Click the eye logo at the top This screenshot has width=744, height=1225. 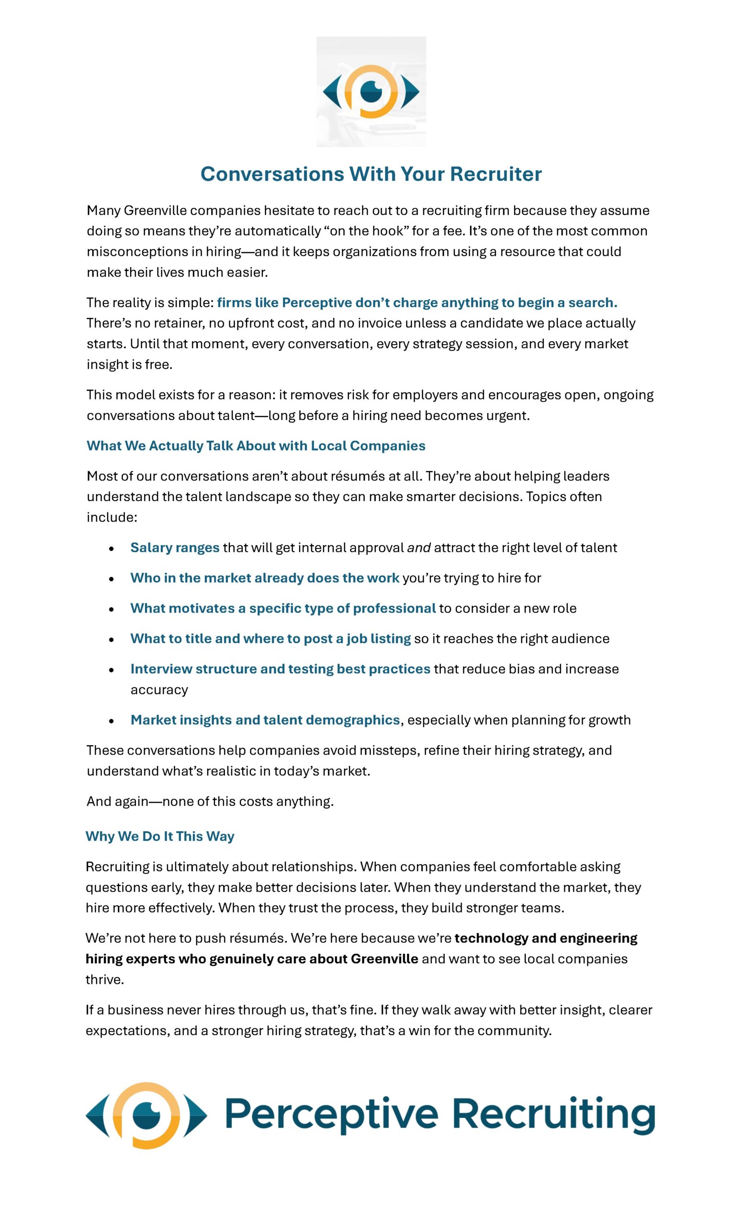pyautogui.click(x=371, y=91)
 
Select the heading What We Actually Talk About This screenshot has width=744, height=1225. pyautogui.click(x=256, y=445)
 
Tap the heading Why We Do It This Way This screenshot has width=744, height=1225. pyautogui.click(x=159, y=836)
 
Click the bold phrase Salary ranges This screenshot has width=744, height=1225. pyautogui.click(x=175, y=547)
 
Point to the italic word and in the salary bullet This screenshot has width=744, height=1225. pyautogui.click(x=419, y=548)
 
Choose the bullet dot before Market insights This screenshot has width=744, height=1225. pyautogui.click(x=112, y=721)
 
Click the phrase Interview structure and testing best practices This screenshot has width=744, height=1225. pyautogui.click(x=280, y=668)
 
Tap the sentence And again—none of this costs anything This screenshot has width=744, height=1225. pyautogui.click(x=210, y=801)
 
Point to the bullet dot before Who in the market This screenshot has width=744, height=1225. pyautogui.click(x=112, y=579)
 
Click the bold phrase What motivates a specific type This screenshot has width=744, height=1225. pyautogui.click(x=282, y=608)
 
